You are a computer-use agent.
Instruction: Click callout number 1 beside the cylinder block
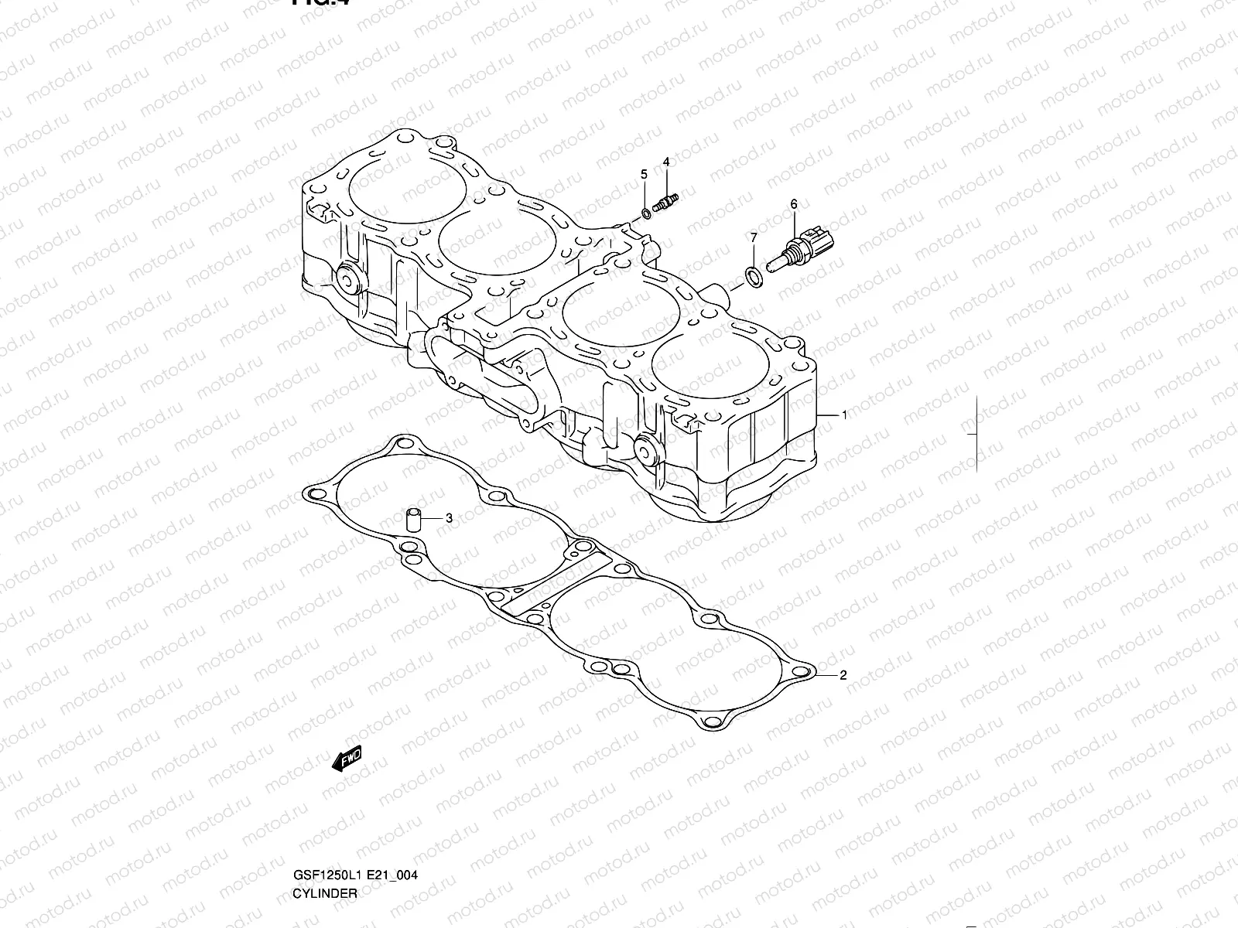click(x=844, y=415)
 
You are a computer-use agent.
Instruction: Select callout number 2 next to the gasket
click(x=843, y=675)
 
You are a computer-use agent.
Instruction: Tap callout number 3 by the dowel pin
click(x=449, y=518)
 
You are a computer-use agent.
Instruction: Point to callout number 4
click(x=665, y=162)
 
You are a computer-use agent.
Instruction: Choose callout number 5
click(x=643, y=175)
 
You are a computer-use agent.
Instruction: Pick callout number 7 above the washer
click(x=754, y=237)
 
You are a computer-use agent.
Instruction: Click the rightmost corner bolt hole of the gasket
click(x=804, y=669)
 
